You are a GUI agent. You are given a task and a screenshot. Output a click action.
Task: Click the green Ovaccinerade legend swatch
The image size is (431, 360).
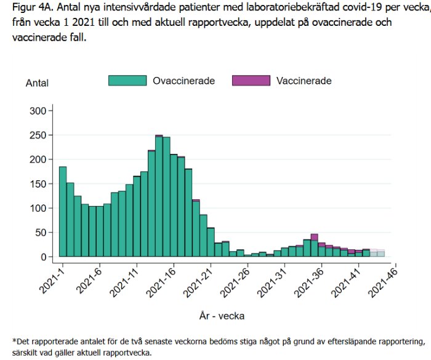pos(127,81)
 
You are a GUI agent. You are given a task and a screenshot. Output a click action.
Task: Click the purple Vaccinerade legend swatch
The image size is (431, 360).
pos(251,81)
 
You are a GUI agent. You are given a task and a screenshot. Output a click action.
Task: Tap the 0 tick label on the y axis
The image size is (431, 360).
pos(43,257)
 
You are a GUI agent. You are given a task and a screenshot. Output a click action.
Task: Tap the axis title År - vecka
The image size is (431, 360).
pos(222,316)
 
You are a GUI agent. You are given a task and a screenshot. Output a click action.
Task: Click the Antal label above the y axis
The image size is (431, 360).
pos(37,83)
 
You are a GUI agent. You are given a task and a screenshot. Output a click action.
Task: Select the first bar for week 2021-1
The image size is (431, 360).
pos(63,212)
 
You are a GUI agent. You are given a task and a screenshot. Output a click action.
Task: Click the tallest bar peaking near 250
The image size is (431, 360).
pos(159,197)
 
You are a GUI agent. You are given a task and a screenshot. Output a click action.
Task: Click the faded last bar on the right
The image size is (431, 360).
pos(381,253)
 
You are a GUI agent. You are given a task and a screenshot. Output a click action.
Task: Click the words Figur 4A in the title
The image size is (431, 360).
pos(31,9)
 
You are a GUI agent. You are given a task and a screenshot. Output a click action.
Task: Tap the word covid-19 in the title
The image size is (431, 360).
pos(353,9)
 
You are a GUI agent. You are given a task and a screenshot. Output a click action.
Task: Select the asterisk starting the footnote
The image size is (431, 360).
pos(14,340)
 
